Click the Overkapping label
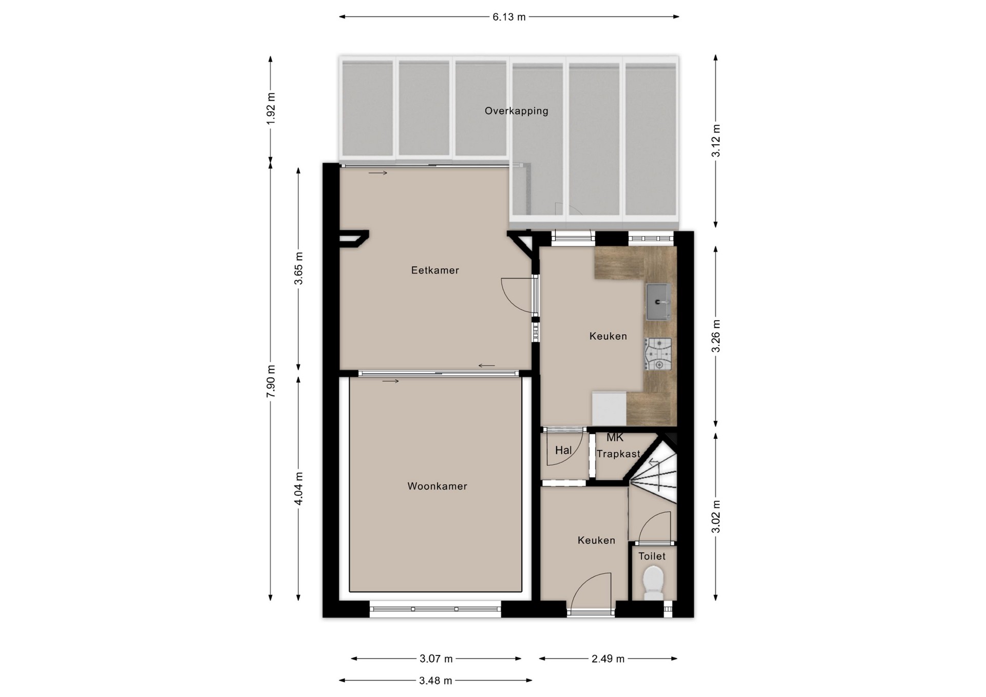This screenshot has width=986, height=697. [516, 111]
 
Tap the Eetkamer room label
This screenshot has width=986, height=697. [435, 270]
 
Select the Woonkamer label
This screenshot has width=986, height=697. [437, 486]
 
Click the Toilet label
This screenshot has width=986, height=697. [652, 556]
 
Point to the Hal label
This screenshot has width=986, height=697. [563, 451]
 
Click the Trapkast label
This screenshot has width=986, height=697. [618, 454]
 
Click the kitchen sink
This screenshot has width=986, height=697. [658, 302]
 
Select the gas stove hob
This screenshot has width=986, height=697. [658, 354]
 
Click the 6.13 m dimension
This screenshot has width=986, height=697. [509, 17]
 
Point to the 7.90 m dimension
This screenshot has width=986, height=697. [271, 381]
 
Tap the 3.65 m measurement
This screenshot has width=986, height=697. [298, 268]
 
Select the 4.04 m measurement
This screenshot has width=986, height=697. [298, 488]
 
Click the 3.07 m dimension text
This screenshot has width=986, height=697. [436, 659]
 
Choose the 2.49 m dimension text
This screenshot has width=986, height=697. [608, 659]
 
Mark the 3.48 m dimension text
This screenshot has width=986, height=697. [435, 681]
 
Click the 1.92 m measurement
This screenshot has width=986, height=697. [271, 108]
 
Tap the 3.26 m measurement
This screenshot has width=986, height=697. [716, 336]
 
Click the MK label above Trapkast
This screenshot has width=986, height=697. [615, 438]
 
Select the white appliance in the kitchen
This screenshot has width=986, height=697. [609, 409]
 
